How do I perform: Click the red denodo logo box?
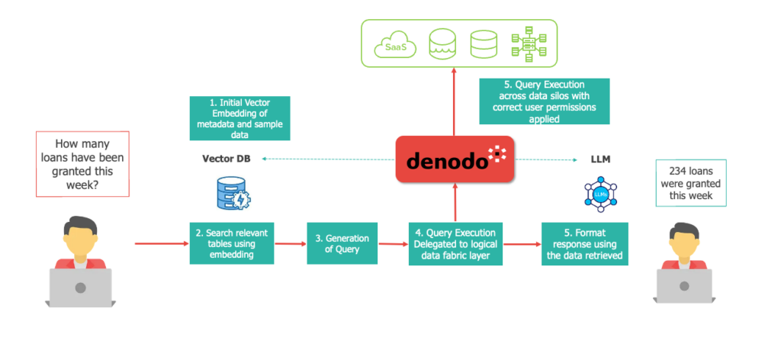click(455, 159)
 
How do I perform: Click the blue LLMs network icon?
click(600, 195)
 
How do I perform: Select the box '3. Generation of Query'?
click(342, 243)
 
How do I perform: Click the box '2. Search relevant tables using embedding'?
click(232, 243)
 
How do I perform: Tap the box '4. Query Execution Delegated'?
click(455, 243)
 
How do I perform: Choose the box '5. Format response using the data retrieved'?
click(585, 243)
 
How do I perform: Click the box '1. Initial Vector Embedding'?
click(240, 118)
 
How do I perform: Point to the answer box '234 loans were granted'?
click(691, 183)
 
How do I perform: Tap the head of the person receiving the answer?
click(684, 233)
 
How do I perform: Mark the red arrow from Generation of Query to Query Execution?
click(393, 244)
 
